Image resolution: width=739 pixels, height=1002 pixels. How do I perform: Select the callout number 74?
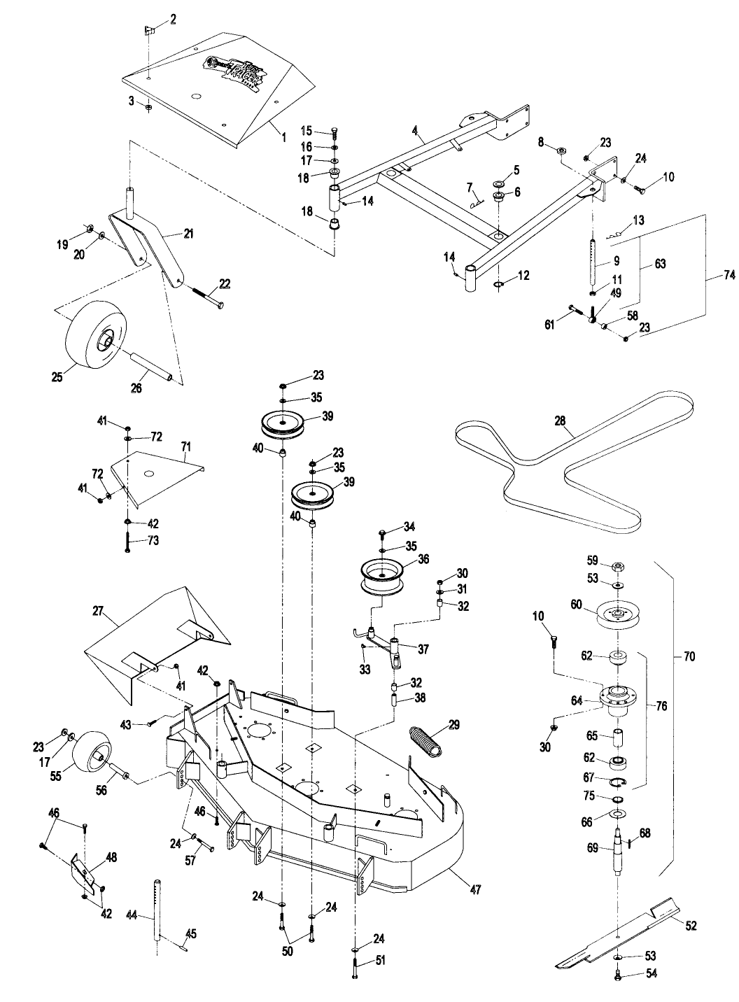click(728, 276)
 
